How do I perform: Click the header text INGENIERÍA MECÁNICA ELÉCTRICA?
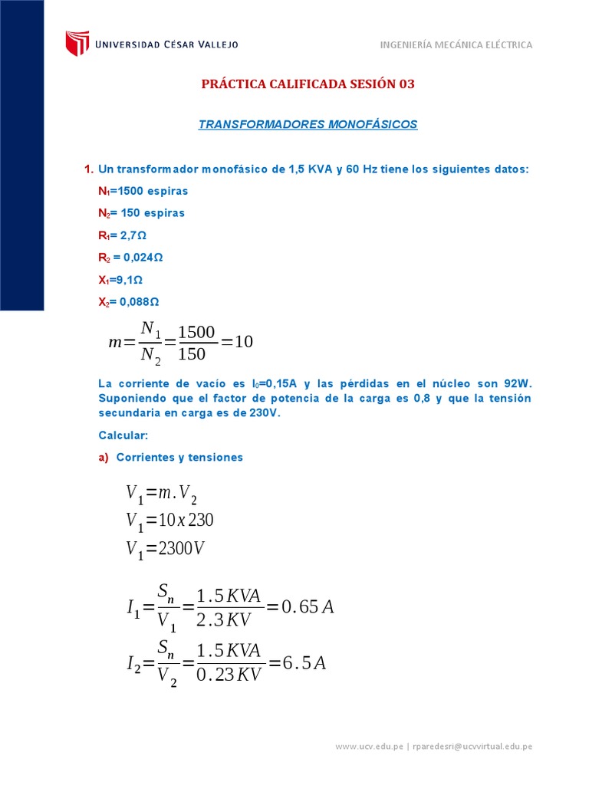point(456,45)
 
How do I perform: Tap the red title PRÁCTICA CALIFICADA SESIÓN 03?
point(308,84)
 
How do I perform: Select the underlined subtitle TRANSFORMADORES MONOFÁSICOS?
point(308,124)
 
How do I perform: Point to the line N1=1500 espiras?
point(143,191)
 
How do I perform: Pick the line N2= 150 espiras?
point(142,213)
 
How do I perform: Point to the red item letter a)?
point(104,458)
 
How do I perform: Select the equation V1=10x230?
point(169,521)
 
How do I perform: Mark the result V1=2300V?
point(166,550)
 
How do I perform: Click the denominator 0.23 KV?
point(229,675)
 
